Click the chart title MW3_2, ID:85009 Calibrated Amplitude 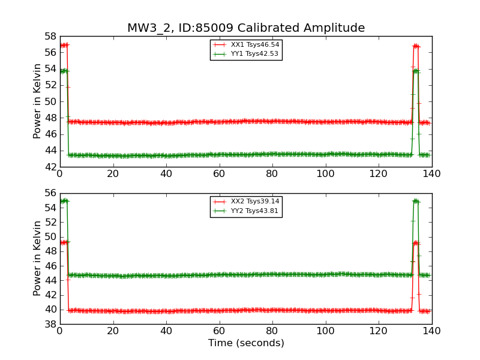point(246,28)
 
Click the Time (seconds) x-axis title point(246,343)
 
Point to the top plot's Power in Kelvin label point(38,101)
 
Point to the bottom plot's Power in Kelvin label point(38,258)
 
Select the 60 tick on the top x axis point(219,174)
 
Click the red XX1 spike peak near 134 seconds point(416,46)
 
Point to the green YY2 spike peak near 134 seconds point(416,201)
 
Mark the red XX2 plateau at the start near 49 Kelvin point(64,242)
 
